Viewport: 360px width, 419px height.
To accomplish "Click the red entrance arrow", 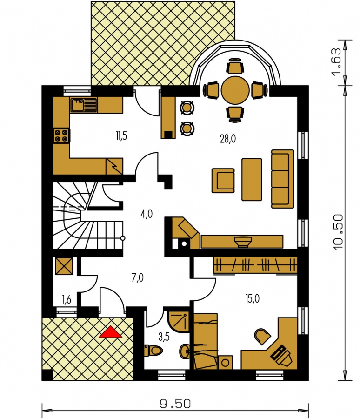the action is pyautogui.click(x=110, y=333).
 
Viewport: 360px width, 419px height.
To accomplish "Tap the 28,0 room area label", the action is pyautogui.click(x=228, y=139).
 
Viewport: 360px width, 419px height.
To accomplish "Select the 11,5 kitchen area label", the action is pyautogui.click(x=121, y=136).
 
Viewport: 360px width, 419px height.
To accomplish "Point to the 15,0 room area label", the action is pyautogui.click(x=253, y=298).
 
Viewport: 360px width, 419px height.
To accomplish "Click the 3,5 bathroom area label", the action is pyautogui.click(x=164, y=337).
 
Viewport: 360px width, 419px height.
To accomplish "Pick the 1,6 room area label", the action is pyautogui.click(x=67, y=300).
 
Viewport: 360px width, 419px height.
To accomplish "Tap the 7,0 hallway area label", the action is pyautogui.click(x=138, y=278).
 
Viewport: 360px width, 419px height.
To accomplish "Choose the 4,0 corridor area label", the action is pyautogui.click(x=147, y=214).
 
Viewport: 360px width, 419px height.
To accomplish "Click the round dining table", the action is pyautogui.click(x=235, y=90).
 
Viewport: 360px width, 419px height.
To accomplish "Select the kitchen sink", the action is pyautogui.click(x=83, y=105).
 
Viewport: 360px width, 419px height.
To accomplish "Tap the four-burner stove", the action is pyautogui.click(x=61, y=136).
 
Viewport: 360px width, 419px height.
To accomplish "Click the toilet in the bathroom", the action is pyautogui.click(x=153, y=350).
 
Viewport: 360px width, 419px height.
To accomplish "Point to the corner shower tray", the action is pyautogui.click(x=179, y=321).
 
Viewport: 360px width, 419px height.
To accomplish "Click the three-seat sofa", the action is pyautogui.click(x=282, y=179).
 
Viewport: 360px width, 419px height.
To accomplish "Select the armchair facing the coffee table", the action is pyautogui.click(x=223, y=180).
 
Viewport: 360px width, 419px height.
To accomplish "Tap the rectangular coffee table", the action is pyautogui.click(x=252, y=179).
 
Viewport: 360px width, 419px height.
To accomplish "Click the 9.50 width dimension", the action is pyautogui.click(x=175, y=404).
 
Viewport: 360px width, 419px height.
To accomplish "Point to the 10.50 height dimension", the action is pyautogui.click(x=338, y=232).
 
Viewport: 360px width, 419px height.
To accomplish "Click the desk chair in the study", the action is pyautogui.click(x=262, y=336).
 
